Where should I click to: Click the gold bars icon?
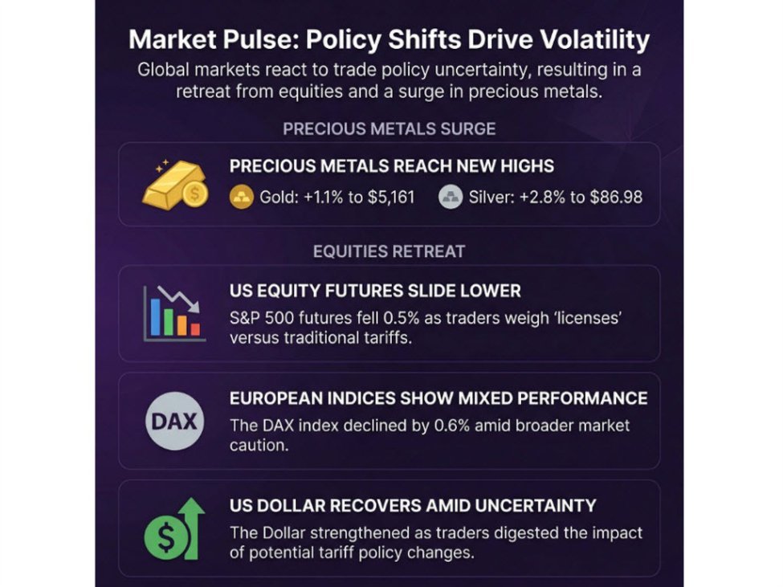(x=174, y=184)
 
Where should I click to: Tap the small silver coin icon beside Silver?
(x=451, y=196)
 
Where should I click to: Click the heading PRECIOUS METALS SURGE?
(x=389, y=128)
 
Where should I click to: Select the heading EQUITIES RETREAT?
(x=389, y=251)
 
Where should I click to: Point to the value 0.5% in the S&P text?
(x=376, y=318)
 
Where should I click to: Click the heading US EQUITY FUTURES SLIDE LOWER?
(x=375, y=291)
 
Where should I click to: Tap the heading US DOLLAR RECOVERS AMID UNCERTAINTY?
(x=413, y=506)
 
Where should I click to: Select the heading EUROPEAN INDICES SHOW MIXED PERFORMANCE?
(x=438, y=398)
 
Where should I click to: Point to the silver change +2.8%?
(x=544, y=196)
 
